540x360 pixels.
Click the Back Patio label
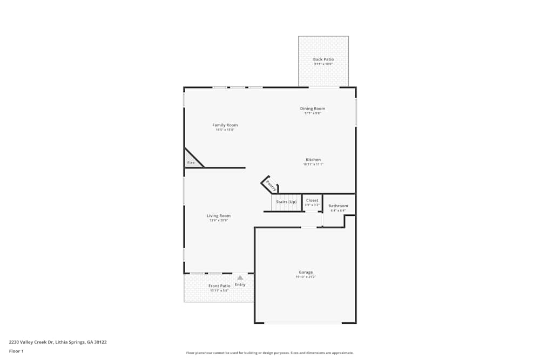click(323, 59)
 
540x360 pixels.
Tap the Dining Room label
click(313, 108)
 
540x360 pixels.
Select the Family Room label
click(225, 125)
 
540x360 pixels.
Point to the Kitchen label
click(313, 160)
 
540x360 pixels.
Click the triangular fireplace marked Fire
click(191, 161)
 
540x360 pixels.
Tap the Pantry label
click(271, 186)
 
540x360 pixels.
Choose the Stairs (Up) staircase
click(286, 202)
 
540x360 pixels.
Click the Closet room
click(312, 202)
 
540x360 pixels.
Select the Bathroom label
click(338, 206)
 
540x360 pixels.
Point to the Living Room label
click(219, 216)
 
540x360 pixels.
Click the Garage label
click(306, 272)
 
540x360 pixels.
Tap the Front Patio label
click(219, 286)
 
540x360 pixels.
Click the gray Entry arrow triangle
click(240, 277)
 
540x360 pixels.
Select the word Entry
click(240, 284)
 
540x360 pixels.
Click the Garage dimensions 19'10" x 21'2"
click(306, 277)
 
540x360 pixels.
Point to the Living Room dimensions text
click(219, 220)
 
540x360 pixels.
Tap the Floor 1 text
click(16, 351)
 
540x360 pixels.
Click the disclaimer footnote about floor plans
click(270, 353)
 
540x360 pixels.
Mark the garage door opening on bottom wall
click(303, 323)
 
